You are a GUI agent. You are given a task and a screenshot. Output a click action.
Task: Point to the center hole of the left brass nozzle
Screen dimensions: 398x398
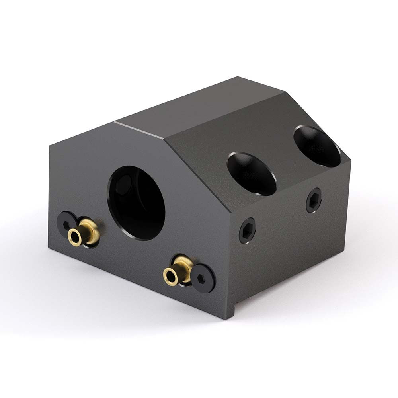(74, 236)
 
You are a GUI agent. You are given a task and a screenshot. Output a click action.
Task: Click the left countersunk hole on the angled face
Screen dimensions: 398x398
(252, 174)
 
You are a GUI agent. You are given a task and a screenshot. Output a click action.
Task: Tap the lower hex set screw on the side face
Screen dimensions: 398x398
(247, 230)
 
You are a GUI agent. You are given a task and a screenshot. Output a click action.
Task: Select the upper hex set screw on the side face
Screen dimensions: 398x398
(314, 200)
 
